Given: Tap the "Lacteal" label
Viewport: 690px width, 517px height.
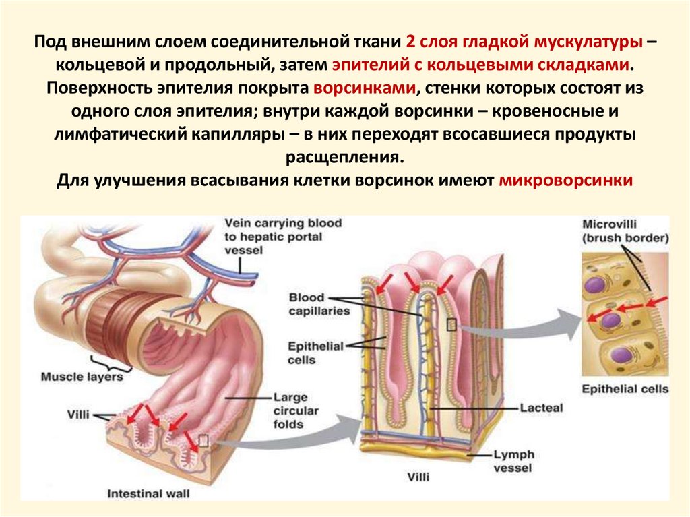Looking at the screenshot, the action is [x=540, y=408].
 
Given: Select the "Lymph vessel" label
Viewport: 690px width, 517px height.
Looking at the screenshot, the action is [x=513, y=462].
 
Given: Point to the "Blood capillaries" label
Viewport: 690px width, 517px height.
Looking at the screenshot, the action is [x=315, y=304].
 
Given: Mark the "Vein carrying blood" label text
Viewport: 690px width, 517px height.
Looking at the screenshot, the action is [x=283, y=223].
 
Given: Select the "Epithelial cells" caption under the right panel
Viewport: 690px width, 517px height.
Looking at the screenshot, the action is [x=625, y=389].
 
